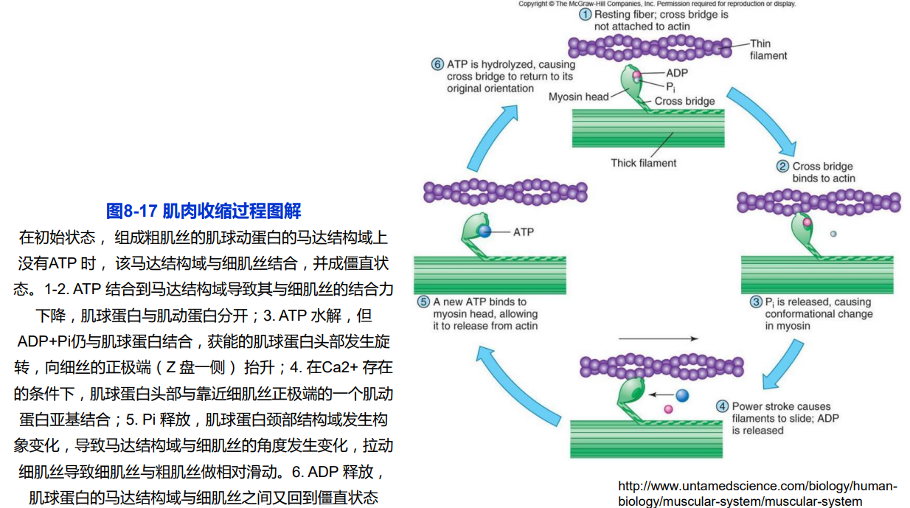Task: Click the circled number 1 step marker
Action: [586, 14]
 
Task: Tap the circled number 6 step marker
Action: [437, 64]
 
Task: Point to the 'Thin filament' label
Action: [768, 49]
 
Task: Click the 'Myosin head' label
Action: [578, 97]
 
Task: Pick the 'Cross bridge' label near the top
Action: [684, 101]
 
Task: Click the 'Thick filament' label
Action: [643, 163]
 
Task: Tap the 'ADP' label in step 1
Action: [677, 73]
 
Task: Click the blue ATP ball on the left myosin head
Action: [484, 232]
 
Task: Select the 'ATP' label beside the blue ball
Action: [524, 232]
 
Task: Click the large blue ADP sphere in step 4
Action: [682, 395]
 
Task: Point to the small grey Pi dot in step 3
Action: [833, 234]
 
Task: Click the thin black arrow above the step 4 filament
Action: [658, 339]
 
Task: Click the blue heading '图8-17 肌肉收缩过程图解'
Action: [204, 211]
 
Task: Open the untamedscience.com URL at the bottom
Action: [757, 494]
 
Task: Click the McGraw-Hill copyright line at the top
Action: [657, 4]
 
